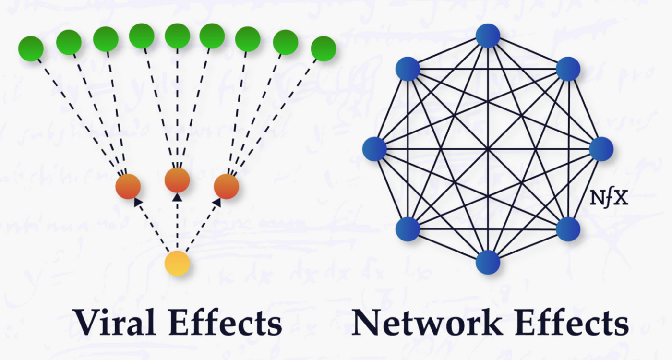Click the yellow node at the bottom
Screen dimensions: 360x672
pos(177,263)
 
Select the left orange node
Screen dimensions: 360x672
pos(128,187)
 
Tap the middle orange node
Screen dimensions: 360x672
pos(177,180)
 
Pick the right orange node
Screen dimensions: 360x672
pos(226,187)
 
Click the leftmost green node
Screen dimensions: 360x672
pos(31,48)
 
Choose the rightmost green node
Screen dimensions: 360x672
pos(323,48)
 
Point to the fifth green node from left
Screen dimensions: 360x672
pos(177,36)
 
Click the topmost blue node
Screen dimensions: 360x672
pos(488,36)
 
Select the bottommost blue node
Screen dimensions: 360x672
pos(488,262)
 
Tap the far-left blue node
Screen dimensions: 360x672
pos(374,149)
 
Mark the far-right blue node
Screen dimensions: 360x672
pos(601,149)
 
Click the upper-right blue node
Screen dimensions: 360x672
pos(568,69)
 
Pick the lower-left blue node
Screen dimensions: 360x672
pos(408,228)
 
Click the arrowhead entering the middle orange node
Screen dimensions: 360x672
pos(177,197)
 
